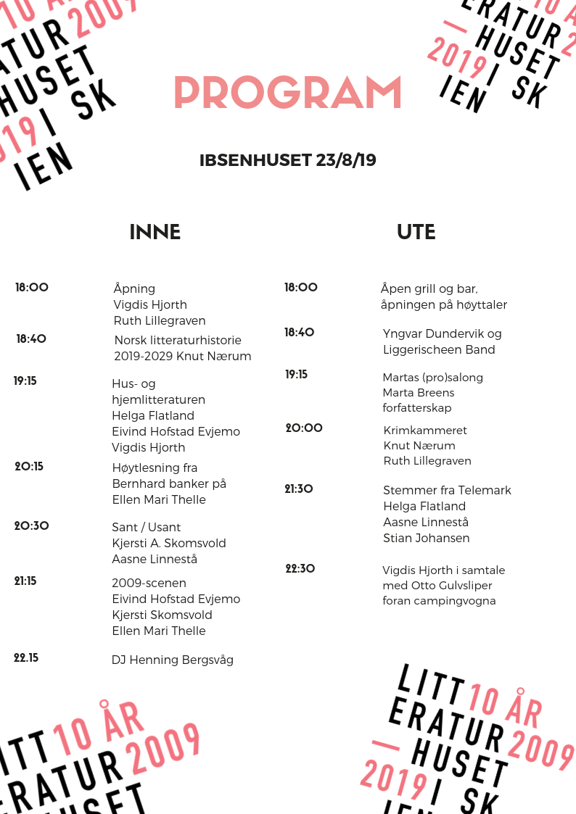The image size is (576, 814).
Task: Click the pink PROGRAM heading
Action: [287, 94]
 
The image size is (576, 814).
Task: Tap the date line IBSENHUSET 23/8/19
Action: [287, 160]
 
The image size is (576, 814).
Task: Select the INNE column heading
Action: [155, 232]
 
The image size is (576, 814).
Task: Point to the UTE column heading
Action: [416, 232]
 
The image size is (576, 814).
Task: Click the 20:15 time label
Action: [29, 467]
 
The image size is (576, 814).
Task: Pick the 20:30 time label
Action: [31, 526]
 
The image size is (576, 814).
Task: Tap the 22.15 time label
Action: [26, 658]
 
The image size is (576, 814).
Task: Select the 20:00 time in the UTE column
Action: [304, 428]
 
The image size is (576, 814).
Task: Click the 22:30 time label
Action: [300, 569]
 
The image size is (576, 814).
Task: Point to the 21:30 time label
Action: [299, 489]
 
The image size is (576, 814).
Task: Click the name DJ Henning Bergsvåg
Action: [173, 660]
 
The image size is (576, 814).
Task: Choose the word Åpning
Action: [134, 288]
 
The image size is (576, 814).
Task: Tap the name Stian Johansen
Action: [426, 538]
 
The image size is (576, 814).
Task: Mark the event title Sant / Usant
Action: [146, 527]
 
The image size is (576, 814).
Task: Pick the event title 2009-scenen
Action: [149, 583]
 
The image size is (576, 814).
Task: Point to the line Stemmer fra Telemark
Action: [447, 490]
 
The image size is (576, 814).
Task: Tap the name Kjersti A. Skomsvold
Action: [169, 543]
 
